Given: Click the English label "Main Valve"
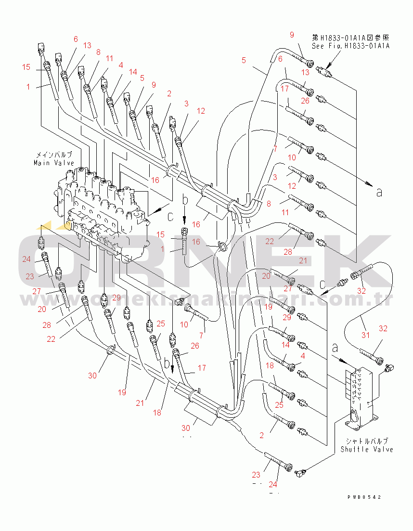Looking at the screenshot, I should pyautogui.click(x=53, y=163).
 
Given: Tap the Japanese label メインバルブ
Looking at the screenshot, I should pyautogui.click(x=53, y=155).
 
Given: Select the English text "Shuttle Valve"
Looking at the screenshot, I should pyautogui.click(x=366, y=449).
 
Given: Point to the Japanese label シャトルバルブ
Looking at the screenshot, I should pyautogui.click(x=366, y=441).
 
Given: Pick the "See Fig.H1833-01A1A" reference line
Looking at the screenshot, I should pyautogui.click(x=350, y=46).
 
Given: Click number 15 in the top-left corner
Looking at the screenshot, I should pyautogui.click(x=26, y=67).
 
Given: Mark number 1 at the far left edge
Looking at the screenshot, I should pyautogui.click(x=28, y=87).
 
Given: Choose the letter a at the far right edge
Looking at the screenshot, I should pyautogui.click(x=379, y=192).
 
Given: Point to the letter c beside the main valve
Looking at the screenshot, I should pyautogui.click(x=170, y=217).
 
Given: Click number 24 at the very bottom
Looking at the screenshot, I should pyautogui.click(x=273, y=484).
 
